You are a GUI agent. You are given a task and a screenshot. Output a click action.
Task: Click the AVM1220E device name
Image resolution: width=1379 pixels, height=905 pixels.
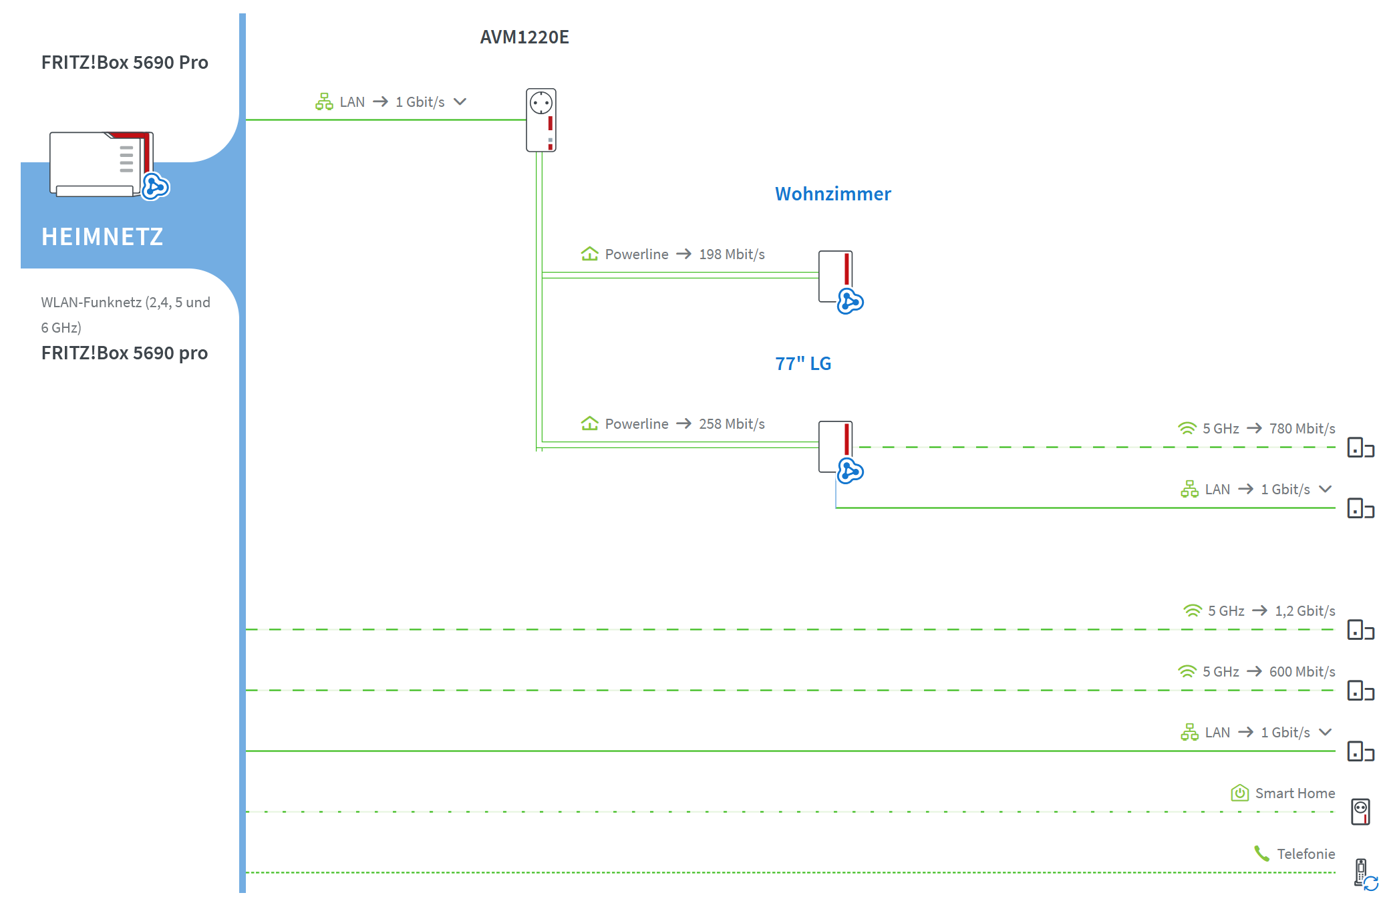pyautogui.click(x=524, y=37)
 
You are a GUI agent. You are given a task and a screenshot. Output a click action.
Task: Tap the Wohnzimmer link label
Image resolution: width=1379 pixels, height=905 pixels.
pyautogui.click(x=832, y=194)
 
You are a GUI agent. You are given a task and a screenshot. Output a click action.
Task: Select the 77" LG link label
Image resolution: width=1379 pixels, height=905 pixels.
pyautogui.click(x=802, y=364)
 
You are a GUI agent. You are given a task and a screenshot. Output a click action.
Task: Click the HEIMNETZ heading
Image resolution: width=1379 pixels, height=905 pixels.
pyautogui.click(x=102, y=237)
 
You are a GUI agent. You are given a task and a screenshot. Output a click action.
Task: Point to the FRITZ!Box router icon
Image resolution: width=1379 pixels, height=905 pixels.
pyautogui.click(x=104, y=164)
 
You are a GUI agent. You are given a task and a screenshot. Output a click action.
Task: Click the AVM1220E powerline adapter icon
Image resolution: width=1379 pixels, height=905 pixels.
pyautogui.click(x=541, y=120)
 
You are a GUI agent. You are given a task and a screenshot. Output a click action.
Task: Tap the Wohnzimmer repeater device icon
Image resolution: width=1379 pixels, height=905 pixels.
pyautogui.click(x=837, y=278)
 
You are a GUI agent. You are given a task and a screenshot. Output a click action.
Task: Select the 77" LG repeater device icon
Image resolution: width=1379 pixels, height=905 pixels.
pyautogui.click(x=837, y=447)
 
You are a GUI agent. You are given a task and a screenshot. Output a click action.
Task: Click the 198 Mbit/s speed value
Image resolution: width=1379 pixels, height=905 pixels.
pyautogui.click(x=732, y=254)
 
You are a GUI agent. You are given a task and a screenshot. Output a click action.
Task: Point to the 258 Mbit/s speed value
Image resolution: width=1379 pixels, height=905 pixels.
pyautogui.click(x=732, y=424)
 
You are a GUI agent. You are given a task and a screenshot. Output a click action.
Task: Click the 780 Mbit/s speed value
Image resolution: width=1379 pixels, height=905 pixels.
pyautogui.click(x=1302, y=429)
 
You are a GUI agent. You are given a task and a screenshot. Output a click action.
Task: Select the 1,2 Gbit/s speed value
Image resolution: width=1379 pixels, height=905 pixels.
pyautogui.click(x=1305, y=611)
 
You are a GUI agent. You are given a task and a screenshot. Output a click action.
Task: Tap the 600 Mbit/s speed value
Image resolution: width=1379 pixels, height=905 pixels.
pyautogui.click(x=1302, y=672)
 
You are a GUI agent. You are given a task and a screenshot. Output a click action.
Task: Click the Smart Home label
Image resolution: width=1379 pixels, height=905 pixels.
pyautogui.click(x=1295, y=793)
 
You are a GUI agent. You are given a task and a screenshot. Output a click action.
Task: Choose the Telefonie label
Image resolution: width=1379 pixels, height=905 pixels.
pyautogui.click(x=1306, y=854)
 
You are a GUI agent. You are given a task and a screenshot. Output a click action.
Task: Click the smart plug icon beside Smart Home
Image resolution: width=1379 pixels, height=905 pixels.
pyautogui.click(x=1360, y=811)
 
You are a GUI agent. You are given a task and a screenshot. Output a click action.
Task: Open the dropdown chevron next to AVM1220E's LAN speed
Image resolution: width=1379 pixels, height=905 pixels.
pyautogui.click(x=460, y=102)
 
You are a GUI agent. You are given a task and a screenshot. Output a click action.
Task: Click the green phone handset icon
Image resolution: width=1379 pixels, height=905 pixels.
pyautogui.click(x=1261, y=854)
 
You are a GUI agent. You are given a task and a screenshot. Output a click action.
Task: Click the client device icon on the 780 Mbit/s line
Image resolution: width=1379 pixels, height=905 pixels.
pyautogui.click(x=1360, y=447)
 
